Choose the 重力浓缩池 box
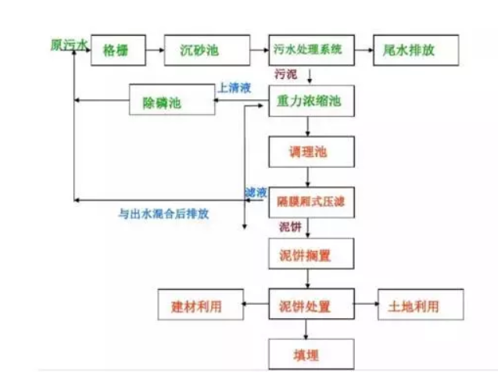coord(310,102)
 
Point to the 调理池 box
coord(310,152)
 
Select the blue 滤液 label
coord(256,191)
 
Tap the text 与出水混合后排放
coord(163,213)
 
